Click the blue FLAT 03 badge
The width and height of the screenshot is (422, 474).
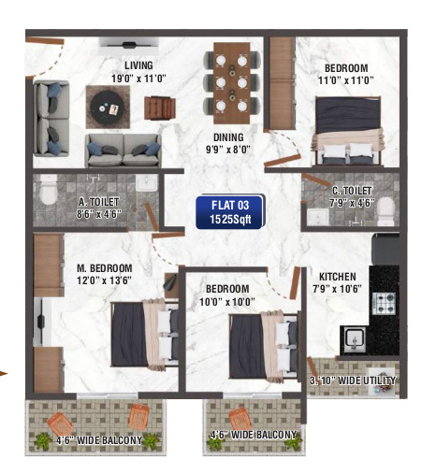coord(230,211)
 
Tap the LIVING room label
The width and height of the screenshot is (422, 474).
coord(138,65)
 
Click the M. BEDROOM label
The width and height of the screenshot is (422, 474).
coord(104,268)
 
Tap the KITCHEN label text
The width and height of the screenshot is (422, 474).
coord(337,277)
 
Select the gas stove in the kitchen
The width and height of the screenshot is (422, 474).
coord(386,301)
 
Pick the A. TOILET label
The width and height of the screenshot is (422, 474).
coord(96,202)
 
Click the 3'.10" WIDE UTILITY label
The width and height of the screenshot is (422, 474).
coord(352,381)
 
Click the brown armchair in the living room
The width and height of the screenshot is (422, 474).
coord(157,108)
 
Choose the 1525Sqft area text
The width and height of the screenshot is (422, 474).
coord(230,219)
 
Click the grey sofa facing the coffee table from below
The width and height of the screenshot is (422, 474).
coord(123,149)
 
